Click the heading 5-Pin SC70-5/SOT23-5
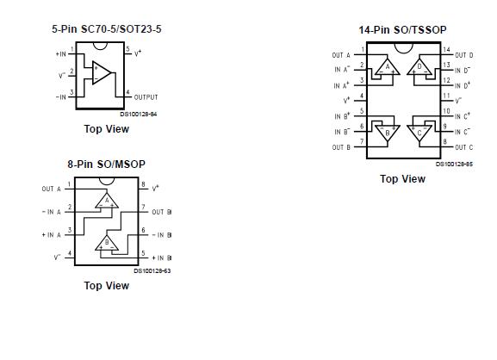[107, 29]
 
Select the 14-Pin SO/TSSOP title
[403, 29]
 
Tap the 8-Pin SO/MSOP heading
[106, 164]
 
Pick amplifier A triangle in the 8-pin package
[109, 201]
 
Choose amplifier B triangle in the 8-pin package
[109, 242]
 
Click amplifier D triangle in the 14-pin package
[420, 66]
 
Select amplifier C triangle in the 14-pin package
[420, 133]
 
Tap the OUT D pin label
[463, 55]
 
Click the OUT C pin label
[463, 147]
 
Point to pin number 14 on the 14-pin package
[446, 50]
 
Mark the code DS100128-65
[454, 164]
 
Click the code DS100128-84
[139, 114]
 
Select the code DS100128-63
[152, 270]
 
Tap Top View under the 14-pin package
[403, 179]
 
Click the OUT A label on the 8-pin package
[51, 189]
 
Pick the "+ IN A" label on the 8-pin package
[51, 234]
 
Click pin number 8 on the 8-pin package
[142, 183]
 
